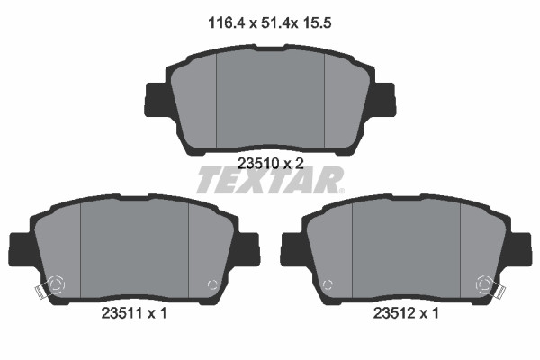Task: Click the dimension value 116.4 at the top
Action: pos(226,23)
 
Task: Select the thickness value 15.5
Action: pos(317,23)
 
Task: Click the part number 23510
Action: pos(258,163)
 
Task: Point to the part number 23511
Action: pos(121,313)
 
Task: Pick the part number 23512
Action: pos(393,313)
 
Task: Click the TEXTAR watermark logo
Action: pos(270,180)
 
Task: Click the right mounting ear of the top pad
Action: pos(383,99)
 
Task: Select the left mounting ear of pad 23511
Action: pos(22,249)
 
